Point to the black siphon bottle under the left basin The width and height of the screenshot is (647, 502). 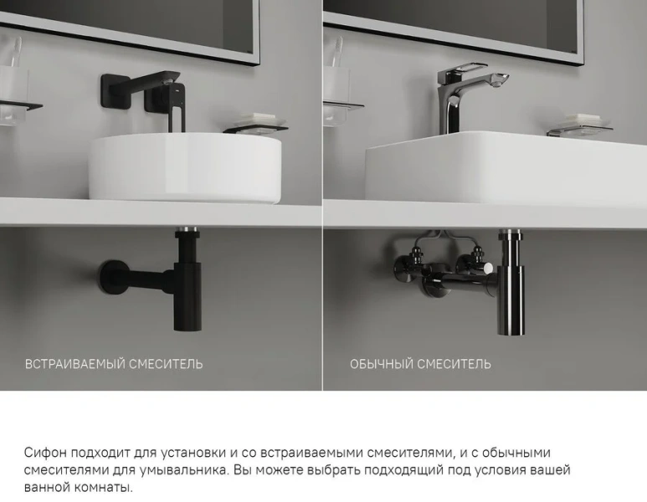(183, 284)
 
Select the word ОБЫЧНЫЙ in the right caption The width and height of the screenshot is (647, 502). (382, 364)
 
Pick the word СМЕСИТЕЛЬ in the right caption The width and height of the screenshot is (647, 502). (455, 364)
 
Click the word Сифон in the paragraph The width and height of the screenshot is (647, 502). (44, 453)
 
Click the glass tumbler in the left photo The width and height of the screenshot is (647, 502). (13, 79)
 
